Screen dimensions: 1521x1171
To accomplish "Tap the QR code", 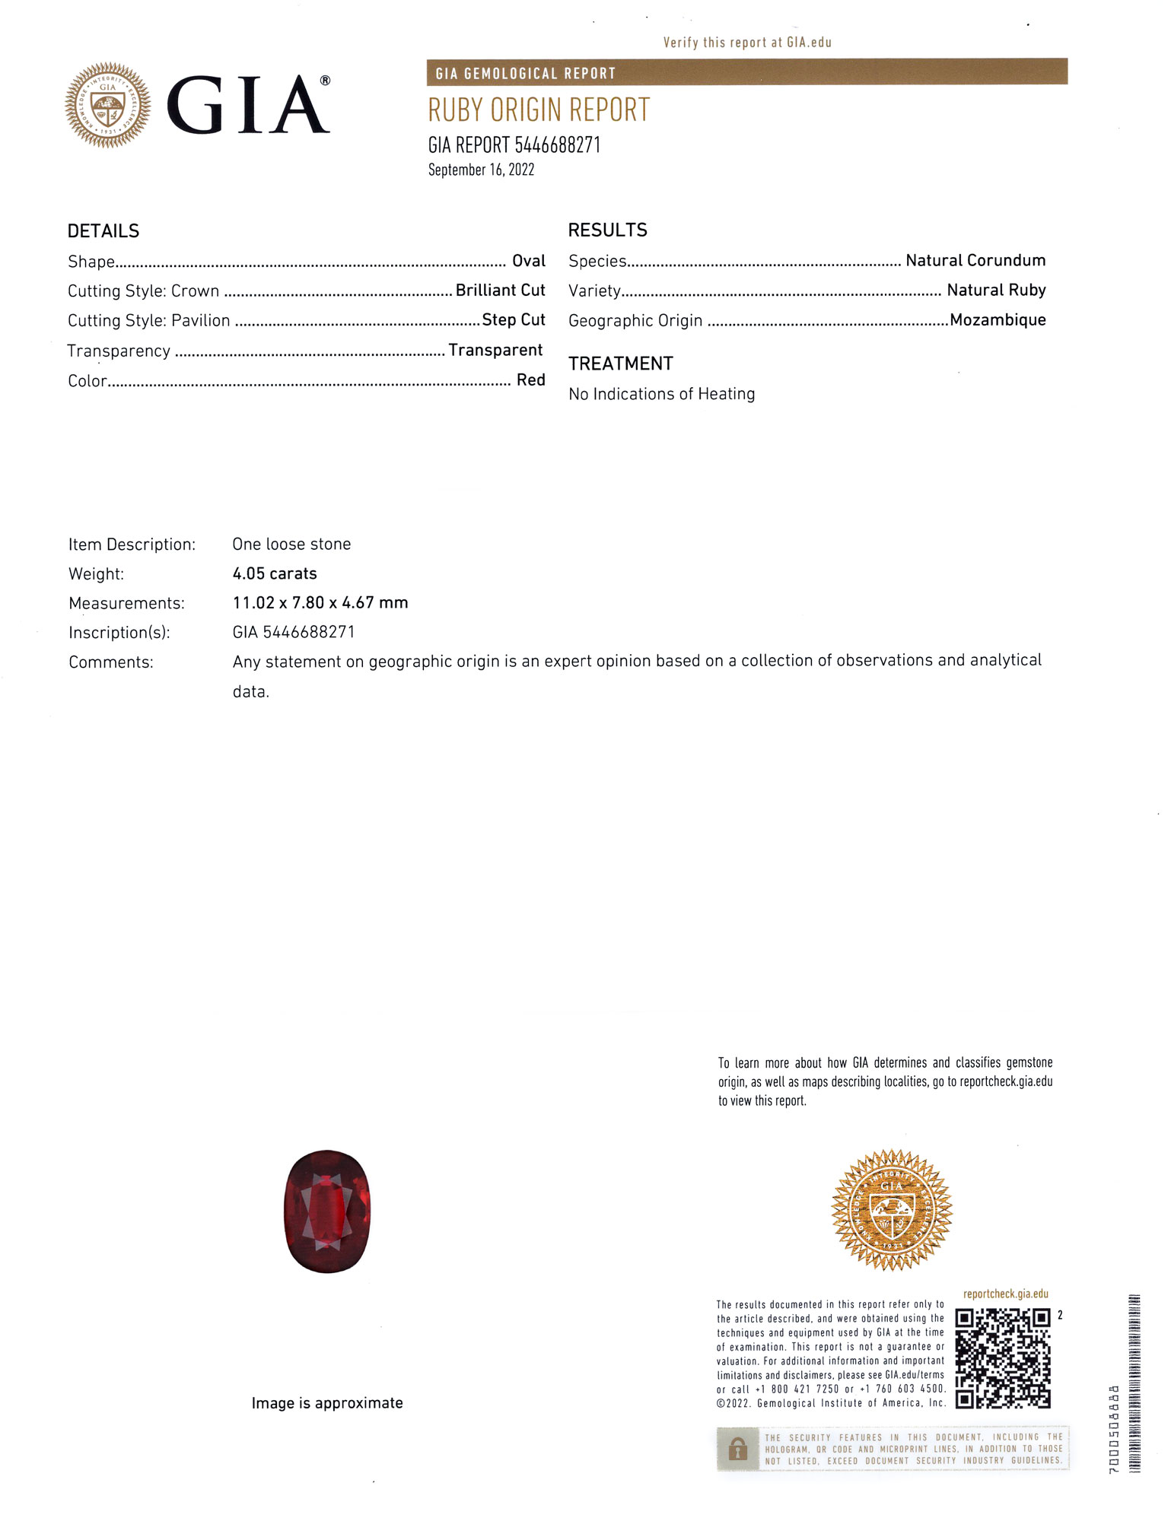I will click(x=1003, y=1357).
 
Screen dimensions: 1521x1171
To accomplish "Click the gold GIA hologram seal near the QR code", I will click(x=892, y=1209).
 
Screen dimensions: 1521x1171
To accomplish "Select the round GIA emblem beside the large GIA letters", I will click(x=108, y=105).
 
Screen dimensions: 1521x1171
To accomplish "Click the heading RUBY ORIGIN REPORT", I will click(x=539, y=110).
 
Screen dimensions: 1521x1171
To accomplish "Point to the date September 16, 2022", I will click(x=481, y=170).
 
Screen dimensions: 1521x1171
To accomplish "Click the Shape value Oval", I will click(x=529, y=262).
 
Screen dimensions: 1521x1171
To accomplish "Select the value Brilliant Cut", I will click(x=500, y=291).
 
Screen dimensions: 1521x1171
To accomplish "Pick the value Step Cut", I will click(x=514, y=320).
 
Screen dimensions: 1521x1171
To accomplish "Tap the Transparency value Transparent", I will click(x=495, y=350).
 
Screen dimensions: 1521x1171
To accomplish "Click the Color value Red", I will click(x=531, y=380).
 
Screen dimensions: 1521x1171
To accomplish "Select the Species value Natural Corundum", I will click(x=975, y=261).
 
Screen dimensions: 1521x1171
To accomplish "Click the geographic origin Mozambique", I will click(x=998, y=320).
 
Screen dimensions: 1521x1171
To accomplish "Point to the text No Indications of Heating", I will click(x=662, y=394).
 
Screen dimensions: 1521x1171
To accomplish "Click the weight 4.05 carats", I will click(x=275, y=573).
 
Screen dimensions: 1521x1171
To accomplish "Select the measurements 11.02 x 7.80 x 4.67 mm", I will click(x=320, y=603).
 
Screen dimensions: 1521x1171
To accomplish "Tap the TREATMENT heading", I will click(x=621, y=364).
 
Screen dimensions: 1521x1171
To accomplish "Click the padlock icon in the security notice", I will click(x=737, y=1449).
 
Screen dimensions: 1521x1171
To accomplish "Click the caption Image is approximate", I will click(x=327, y=1403).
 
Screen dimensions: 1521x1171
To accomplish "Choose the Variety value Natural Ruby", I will click(x=996, y=291).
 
